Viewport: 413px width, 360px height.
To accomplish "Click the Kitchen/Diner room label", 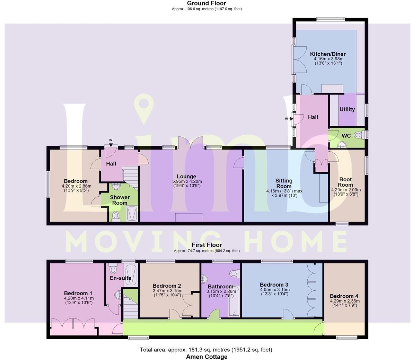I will (327, 54).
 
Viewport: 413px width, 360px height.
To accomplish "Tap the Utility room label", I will (347, 109).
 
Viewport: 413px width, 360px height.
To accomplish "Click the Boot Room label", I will (345, 182).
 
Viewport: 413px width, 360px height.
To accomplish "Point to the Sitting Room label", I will (284, 183).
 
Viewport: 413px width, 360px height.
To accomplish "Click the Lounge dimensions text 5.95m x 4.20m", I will (187, 181).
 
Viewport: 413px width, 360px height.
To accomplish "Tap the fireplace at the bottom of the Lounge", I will (189, 217).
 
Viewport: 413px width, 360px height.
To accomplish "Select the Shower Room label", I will (120, 200).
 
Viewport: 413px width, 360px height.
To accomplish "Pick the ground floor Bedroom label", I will (76, 181).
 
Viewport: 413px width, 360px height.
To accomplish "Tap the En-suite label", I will (120, 278).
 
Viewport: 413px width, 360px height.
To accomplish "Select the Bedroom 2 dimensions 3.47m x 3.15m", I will (167, 290).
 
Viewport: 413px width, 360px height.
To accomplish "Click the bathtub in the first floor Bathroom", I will (234, 301).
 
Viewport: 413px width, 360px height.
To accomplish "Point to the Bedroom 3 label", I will (274, 285).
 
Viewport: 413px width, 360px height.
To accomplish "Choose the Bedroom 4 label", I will (344, 296).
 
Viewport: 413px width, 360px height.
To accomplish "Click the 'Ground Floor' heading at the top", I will (206, 3).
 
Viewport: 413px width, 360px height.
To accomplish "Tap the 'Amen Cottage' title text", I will (206, 357).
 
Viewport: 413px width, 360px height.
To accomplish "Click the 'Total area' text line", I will (206, 350).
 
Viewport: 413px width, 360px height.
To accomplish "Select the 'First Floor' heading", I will (206, 245).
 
